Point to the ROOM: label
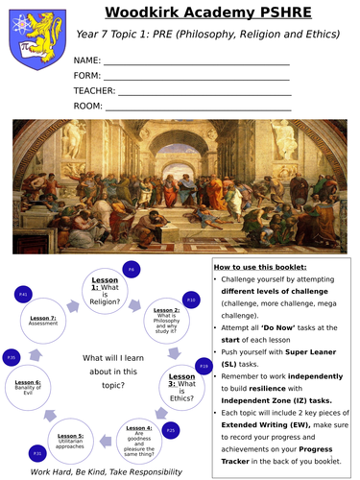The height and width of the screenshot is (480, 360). click(x=88, y=106)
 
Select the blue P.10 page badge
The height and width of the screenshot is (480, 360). click(x=191, y=300)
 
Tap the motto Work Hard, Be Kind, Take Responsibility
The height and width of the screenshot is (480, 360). click(x=106, y=471)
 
